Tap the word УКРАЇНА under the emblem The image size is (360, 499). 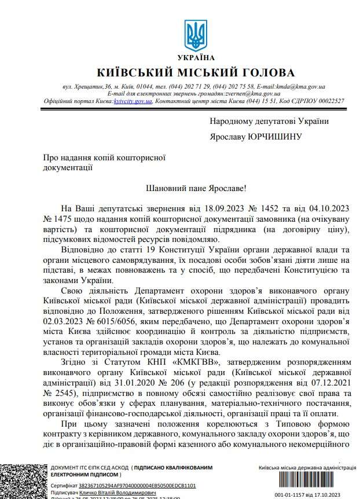tap(192, 57)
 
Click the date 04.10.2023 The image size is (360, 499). tap(328, 208)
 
